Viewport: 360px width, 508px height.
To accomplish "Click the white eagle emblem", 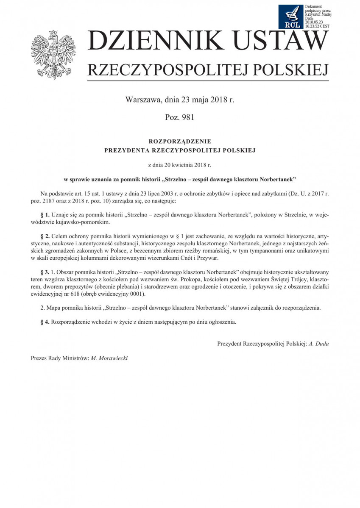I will (x=53, y=54).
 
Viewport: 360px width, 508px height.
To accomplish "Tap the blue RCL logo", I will (x=292, y=17).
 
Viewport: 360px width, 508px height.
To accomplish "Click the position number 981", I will (x=187, y=117).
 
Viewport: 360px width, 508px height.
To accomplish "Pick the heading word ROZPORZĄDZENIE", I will (x=180, y=141).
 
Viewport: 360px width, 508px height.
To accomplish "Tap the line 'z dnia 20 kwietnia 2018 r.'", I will (x=180, y=163).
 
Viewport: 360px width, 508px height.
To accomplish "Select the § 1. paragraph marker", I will (x=45, y=215).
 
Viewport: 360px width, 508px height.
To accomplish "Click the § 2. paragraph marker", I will (x=45, y=235).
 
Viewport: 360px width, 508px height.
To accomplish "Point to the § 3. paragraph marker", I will (x=45, y=271).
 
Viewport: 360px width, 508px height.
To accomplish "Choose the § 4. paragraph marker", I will (x=45, y=322).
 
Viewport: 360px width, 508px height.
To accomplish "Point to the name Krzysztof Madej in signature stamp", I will (x=318, y=14).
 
